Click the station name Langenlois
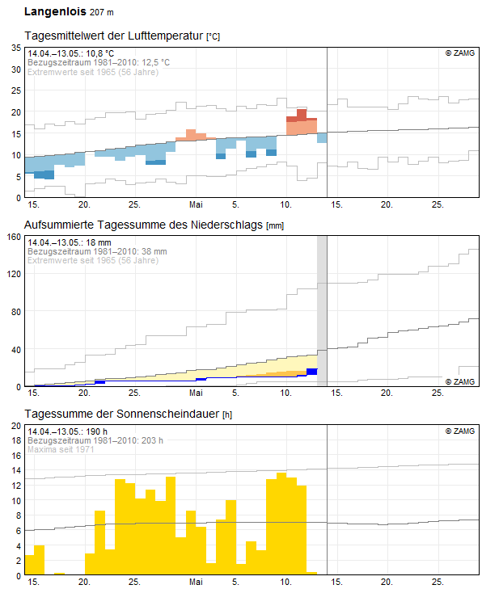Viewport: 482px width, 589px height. [x=55, y=11]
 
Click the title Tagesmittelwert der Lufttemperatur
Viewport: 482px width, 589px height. [x=114, y=36]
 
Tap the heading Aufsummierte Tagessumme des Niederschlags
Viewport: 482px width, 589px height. [x=143, y=225]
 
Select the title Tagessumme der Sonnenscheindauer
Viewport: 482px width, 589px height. [x=122, y=414]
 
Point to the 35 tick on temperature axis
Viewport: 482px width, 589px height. [x=16, y=48]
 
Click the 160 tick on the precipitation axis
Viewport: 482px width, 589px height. [x=14, y=237]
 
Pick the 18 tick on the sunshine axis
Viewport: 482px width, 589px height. [x=16, y=440]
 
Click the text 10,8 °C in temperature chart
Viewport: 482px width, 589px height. [x=100, y=53]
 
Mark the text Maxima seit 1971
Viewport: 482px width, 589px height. [x=61, y=449]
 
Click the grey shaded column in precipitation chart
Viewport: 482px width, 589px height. [x=322, y=311]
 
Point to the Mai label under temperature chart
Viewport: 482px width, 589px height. [x=196, y=204]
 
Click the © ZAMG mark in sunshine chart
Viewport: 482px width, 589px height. [x=460, y=431]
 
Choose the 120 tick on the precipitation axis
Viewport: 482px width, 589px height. [x=14, y=274]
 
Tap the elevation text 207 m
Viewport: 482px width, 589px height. [x=102, y=12]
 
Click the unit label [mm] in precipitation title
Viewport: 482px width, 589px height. [x=275, y=225]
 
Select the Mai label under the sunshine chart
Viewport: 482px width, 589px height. [x=196, y=582]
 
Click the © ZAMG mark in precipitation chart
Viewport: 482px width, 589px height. [x=460, y=381]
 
